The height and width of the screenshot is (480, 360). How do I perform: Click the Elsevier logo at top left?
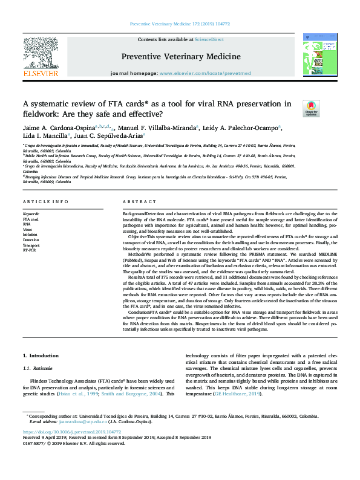(41, 57)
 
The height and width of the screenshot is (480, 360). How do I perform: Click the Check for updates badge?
(311, 108)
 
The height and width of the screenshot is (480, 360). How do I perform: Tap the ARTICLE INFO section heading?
(45, 201)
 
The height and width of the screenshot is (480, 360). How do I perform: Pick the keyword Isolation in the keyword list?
(31, 234)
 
